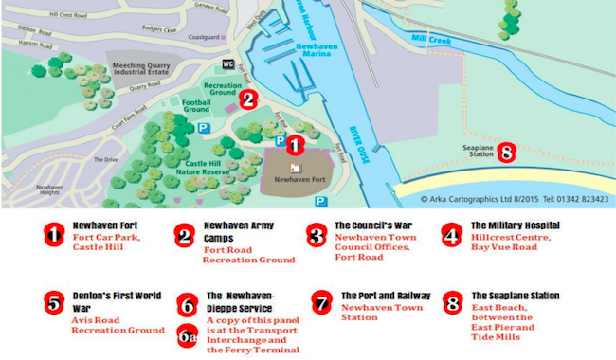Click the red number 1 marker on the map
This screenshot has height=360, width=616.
coord(294,145)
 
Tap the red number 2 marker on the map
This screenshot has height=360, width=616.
coord(247,97)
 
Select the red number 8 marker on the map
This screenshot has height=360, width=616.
coord(506,152)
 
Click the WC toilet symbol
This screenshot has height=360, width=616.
coord(228,63)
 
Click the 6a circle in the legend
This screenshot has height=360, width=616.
coord(188,334)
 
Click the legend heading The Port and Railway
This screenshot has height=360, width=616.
coord(386,296)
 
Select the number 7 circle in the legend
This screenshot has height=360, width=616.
coord(324,301)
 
